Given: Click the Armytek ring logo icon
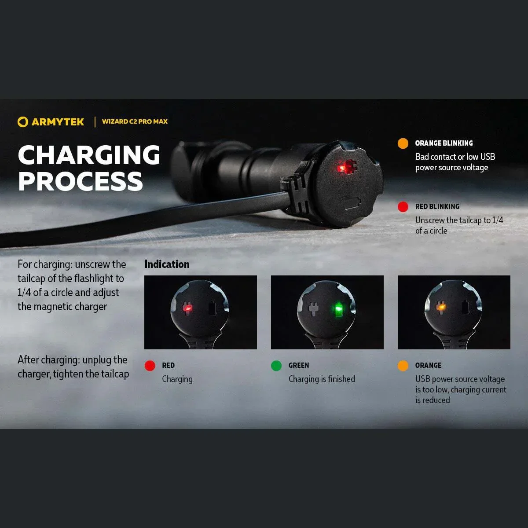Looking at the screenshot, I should [x=22, y=122].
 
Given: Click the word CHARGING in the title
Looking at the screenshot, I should [x=89, y=155].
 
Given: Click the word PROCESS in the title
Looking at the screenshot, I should [x=81, y=181].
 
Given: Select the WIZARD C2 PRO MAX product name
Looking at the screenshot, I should [x=135, y=121].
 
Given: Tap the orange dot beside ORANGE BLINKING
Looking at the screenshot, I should [x=403, y=143].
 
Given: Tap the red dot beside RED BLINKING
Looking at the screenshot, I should [x=403, y=207].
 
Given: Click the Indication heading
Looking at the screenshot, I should [x=167, y=264].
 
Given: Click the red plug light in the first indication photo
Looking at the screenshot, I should [x=188, y=309].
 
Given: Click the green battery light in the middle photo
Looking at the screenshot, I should [x=339, y=309].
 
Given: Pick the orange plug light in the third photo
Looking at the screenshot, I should [x=440, y=306].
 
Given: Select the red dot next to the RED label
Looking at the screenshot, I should [x=150, y=366].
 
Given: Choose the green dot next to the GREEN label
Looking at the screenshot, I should [x=276, y=366].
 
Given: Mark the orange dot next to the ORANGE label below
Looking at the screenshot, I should [x=403, y=366].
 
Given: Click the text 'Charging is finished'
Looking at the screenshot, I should [x=322, y=379].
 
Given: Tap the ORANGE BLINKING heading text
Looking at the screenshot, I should [x=444, y=143].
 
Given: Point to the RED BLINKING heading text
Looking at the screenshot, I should [x=437, y=207].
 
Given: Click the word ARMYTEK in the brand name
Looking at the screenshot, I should [x=58, y=122].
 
